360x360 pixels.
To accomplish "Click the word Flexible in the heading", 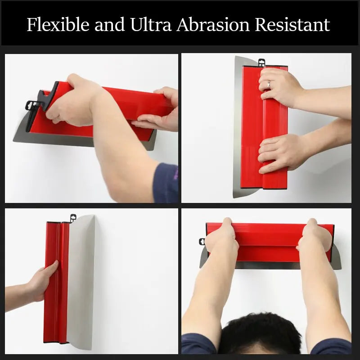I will pyautogui.click(x=57, y=24).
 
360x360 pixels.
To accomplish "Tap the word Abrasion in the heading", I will pyautogui.click(x=213, y=24).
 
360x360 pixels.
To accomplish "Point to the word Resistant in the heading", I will pyautogui.click(x=292, y=24).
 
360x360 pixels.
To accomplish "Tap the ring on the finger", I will pyautogui.click(x=269, y=84).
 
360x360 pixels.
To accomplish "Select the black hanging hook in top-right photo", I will pyautogui.click(x=261, y=61).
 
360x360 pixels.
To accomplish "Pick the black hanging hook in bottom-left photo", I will pyautogui.click(x=72, y=218).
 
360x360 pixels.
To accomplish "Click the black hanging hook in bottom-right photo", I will pyautogui.click(x=202, y=242).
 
